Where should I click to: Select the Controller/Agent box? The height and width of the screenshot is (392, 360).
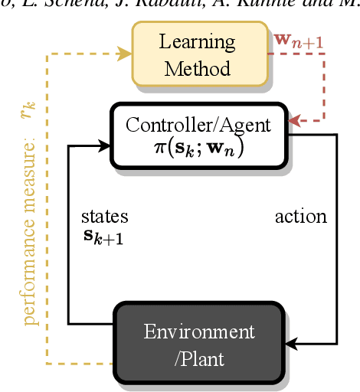(x=199, y=136)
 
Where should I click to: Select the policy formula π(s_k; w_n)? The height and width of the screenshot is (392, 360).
(x=199, y=147)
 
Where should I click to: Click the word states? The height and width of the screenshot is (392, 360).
(x=104, y=216)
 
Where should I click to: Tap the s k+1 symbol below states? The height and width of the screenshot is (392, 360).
(x=103, y=236)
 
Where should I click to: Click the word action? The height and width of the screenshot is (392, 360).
(x=300, y=217)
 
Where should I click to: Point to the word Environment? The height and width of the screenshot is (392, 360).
(x=199, y=332)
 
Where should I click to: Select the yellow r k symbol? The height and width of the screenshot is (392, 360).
(x=28, y=113)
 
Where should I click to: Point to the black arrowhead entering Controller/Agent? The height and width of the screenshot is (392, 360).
(x=105, y=143)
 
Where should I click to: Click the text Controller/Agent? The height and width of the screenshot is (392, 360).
(x=199, y=124)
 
